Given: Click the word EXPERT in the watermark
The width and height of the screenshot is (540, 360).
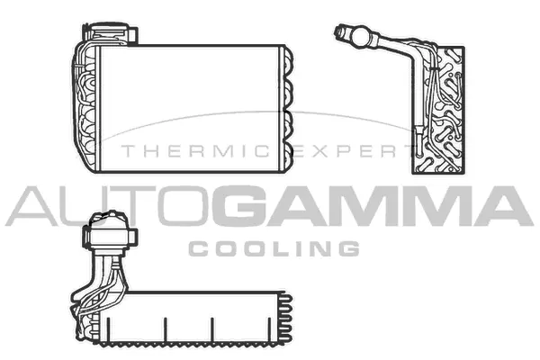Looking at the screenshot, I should click(358, 152).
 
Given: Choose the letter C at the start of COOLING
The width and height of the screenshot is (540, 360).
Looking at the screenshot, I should click(197, 247).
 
